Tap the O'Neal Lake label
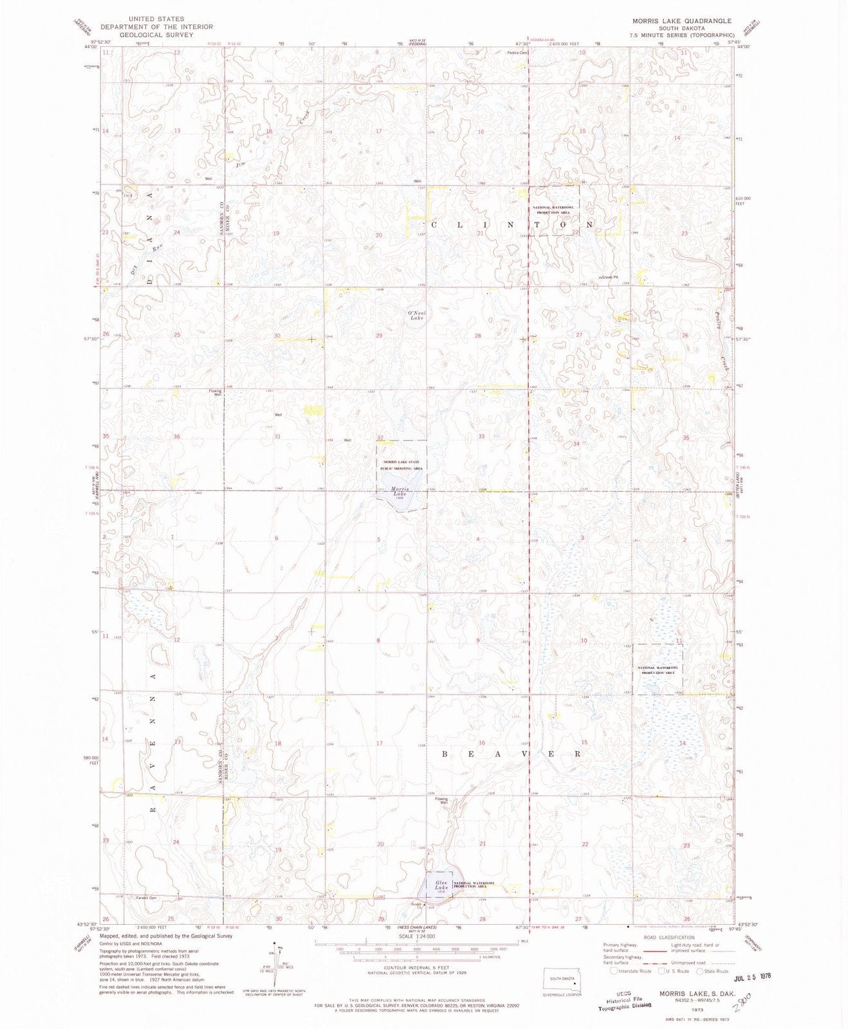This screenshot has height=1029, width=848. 416,315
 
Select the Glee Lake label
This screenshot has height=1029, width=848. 441,885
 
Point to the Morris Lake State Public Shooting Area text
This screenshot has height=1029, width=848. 402,466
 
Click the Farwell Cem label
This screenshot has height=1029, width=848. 146,897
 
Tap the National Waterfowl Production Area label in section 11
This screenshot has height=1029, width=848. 658,670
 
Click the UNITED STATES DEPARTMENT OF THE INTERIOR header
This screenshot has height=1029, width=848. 156,27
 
